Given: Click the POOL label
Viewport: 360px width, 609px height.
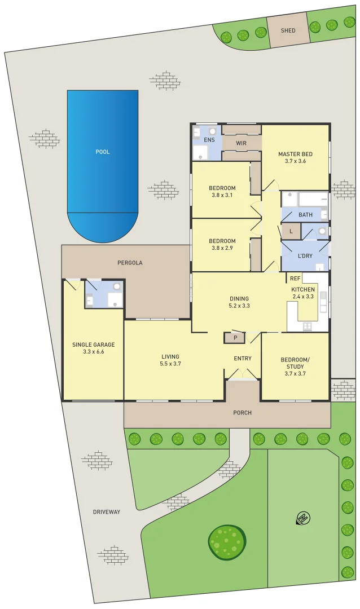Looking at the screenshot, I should click(102, 152).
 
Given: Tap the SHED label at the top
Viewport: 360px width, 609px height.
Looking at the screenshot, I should click(288, 30).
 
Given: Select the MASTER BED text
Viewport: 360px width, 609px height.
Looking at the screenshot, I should click(295, 154).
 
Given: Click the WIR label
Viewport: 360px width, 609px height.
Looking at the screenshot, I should click(241, 143).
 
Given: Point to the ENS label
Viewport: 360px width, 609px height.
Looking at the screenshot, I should click(209, 139).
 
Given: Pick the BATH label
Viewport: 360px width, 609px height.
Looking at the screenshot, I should click(305, 215).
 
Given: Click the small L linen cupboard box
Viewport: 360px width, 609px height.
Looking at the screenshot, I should click(291, 231).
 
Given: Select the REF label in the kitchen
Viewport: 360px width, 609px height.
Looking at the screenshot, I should click(295, 279).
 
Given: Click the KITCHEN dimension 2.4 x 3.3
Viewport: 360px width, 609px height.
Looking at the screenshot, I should click(302, 296).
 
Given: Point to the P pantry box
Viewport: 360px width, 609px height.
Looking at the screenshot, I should click(234, 338).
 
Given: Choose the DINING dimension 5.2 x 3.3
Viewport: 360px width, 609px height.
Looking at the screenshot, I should click(239, 306).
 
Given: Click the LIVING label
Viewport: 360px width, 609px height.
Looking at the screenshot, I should click(170, 356).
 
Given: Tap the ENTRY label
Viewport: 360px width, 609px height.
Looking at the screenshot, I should click(243, 359).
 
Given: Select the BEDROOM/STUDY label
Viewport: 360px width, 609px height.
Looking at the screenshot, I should click(295, 363).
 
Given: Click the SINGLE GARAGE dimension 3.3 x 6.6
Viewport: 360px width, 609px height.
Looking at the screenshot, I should click(93, 352).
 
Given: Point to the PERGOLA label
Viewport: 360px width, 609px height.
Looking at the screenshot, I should click(130, 263).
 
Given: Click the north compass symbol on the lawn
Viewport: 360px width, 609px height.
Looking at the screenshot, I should click(304, 518).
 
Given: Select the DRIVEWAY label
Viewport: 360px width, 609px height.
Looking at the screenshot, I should click(107, 512).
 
